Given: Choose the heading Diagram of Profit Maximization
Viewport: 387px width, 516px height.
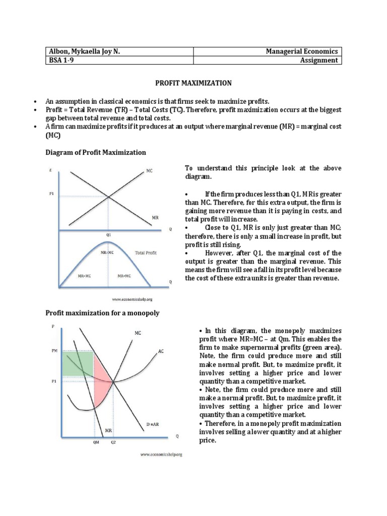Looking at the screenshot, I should pos(96,152).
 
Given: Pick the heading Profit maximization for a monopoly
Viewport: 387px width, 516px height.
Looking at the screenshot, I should pos(102,313).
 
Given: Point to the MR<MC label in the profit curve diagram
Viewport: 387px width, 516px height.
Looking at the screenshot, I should pos(124,276).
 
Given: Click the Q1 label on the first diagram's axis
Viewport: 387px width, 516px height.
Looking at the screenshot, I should pos(109,235).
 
